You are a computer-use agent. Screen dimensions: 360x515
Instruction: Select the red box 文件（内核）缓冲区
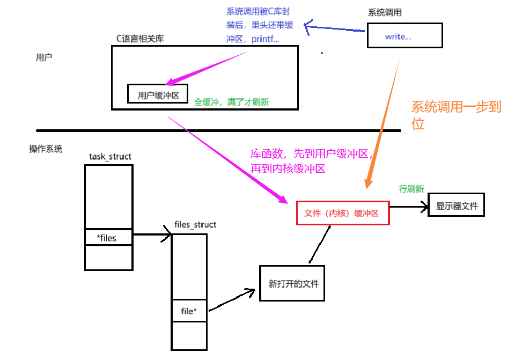click(x=342, y=213)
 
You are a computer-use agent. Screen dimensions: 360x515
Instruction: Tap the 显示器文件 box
click(x=456, y=205)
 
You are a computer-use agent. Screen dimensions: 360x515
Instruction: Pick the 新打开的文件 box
click(x=292, y=283)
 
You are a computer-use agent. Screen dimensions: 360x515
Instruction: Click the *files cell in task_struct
click(x=108, y=238)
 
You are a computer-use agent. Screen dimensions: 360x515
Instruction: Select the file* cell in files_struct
click(x=189, y=311)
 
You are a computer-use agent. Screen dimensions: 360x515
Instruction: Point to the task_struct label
click(x=110, y=156)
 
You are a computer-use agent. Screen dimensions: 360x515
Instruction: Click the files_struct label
click(x=195, y=224)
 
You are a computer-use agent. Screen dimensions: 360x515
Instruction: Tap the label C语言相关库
click(x=141, y=38)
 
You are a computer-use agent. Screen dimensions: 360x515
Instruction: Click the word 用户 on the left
click(x=44, y=57)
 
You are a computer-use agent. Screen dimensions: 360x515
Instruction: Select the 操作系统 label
click(x=46, y=149)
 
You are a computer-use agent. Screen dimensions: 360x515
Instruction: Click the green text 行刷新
click(x=411, y=189)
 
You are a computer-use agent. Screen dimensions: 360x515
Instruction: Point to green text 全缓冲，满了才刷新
click(x=232, y=101)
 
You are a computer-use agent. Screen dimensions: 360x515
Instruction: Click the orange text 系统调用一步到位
click(x=456, y=115)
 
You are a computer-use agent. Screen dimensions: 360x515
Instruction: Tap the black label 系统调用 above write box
click(x=385, y=12)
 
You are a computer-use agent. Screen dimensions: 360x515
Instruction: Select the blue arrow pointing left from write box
click(x=335, y=28)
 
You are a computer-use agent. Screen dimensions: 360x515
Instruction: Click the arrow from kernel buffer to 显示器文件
click(x=409, y=207)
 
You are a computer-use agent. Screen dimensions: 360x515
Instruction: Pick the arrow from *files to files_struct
click(x=151, y=234)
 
